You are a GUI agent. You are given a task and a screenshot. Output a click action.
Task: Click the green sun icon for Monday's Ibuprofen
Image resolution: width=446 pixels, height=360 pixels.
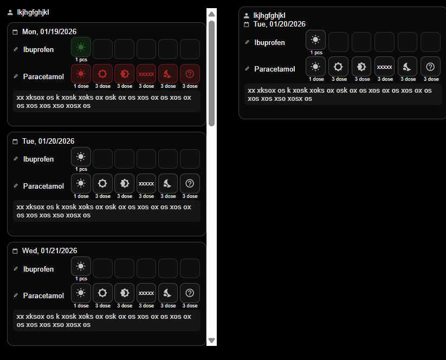pos(81,47)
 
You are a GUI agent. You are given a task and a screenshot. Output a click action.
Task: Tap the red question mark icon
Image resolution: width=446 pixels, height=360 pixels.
pos(190,74)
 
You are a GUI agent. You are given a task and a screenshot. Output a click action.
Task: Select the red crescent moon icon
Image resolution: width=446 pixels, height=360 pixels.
pos(168,74)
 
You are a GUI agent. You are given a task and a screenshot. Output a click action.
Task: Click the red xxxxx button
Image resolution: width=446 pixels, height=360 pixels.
pos(146,74)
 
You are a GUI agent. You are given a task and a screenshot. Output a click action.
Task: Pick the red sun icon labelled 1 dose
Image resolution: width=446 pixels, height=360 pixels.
pos(81,74)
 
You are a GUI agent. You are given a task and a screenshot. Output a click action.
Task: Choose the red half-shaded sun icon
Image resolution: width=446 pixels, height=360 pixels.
pos(124,74)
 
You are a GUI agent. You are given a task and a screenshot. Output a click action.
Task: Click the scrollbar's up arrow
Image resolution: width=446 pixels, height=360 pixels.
pos(211,14)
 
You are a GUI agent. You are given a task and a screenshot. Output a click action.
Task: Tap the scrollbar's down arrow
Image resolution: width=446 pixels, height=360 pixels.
pos(211,340)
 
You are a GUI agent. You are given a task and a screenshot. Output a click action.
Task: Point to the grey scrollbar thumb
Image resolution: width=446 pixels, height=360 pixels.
pos(211,73)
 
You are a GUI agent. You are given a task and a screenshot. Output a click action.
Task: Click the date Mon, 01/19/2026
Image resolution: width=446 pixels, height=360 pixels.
pos(49,31)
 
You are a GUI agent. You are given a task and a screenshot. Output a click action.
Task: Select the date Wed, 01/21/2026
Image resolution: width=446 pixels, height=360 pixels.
pos(49,250)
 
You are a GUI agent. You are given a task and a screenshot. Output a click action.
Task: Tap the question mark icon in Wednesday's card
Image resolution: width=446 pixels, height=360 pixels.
pos(190,293)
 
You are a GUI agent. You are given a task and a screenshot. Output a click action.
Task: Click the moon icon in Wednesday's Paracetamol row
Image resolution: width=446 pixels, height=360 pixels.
pos(168,293)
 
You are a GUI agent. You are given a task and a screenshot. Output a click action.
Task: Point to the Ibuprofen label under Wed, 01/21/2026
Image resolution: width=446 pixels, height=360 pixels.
pos(38,269)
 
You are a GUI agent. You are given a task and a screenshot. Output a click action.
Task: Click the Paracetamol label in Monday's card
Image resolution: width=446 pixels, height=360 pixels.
pos(43,76)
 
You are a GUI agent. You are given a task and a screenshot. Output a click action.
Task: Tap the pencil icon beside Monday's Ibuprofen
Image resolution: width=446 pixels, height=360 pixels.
pos(16,49)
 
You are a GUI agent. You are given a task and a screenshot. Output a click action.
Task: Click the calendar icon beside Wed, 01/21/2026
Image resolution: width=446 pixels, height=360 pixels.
pos(15,251)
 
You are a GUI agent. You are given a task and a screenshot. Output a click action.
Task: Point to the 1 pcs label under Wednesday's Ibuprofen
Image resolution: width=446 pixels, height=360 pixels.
pos(81,279)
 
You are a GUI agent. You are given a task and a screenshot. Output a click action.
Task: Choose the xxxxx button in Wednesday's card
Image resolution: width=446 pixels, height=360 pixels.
pos(146,293)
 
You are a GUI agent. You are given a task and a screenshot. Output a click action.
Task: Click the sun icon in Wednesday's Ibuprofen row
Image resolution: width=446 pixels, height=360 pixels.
pos(81,266)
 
